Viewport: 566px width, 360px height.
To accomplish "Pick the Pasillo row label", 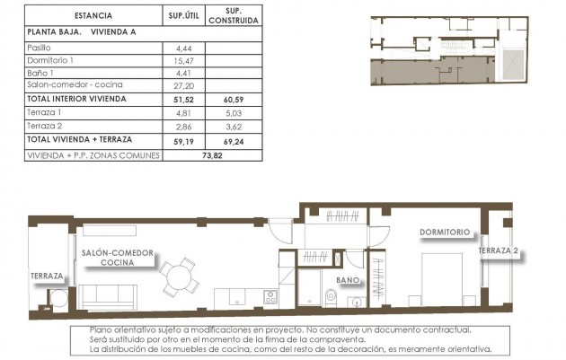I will click(41, 46).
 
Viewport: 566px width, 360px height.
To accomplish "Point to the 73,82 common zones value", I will click(208, 154).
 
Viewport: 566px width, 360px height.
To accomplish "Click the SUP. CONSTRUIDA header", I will click(231, 15).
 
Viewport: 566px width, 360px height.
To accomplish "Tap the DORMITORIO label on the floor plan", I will click(445, 232).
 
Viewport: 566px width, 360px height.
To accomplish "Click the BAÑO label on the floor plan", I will click(349, 280).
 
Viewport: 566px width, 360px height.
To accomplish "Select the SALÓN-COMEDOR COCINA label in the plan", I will click(117, 257).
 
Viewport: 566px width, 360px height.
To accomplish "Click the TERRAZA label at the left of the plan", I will click(47, 276).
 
